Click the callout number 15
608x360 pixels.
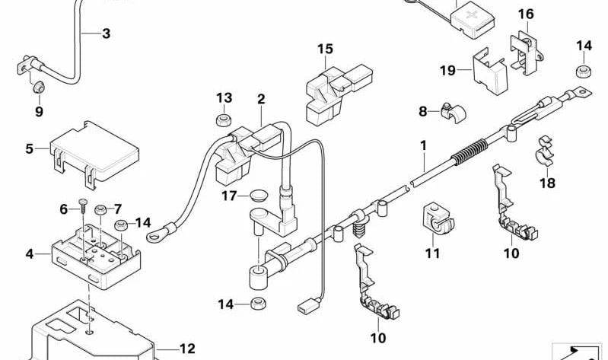[x=325, y=49]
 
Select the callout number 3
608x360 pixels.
[x=106, y=33]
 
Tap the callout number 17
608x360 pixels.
[x=230, y=196]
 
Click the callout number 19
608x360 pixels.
[x=447, y=71]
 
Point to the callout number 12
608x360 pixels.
[x=187, y=349]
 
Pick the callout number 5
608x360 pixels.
[x=30, y=148]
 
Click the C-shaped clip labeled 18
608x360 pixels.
[x=547, y=151]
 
